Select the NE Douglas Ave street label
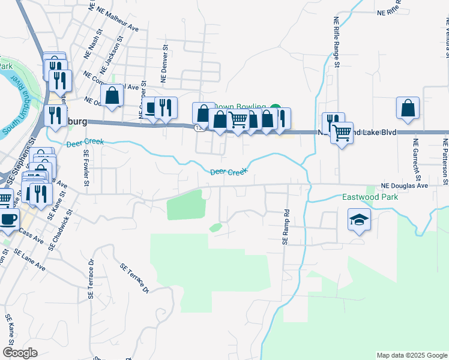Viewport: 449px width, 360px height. coord(405,186)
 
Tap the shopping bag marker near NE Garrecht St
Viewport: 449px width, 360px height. coord(408,109)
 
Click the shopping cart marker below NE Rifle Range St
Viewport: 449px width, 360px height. coord(342,132)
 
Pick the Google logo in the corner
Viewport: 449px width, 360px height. coord(20,353)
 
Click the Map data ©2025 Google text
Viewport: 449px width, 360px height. coord(411,355)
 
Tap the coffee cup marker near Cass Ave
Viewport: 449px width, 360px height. coord(8,219)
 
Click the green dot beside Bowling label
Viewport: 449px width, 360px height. coord(275,109)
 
